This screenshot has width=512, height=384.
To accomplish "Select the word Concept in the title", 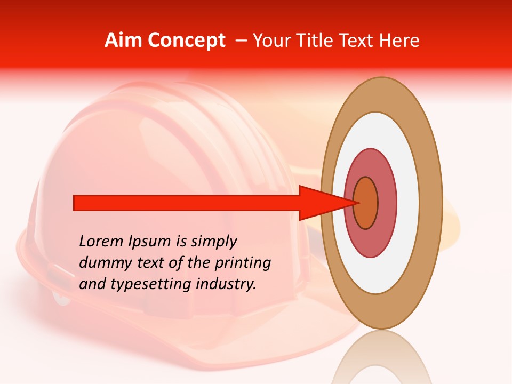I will (187, 41).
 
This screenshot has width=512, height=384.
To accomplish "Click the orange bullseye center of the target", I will (366, 203).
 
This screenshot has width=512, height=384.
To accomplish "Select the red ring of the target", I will (386, 203).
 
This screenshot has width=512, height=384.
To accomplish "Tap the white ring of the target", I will (408, 203).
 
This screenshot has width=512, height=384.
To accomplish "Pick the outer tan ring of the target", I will (431, 203).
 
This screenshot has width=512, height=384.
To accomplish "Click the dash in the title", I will (241, 41).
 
